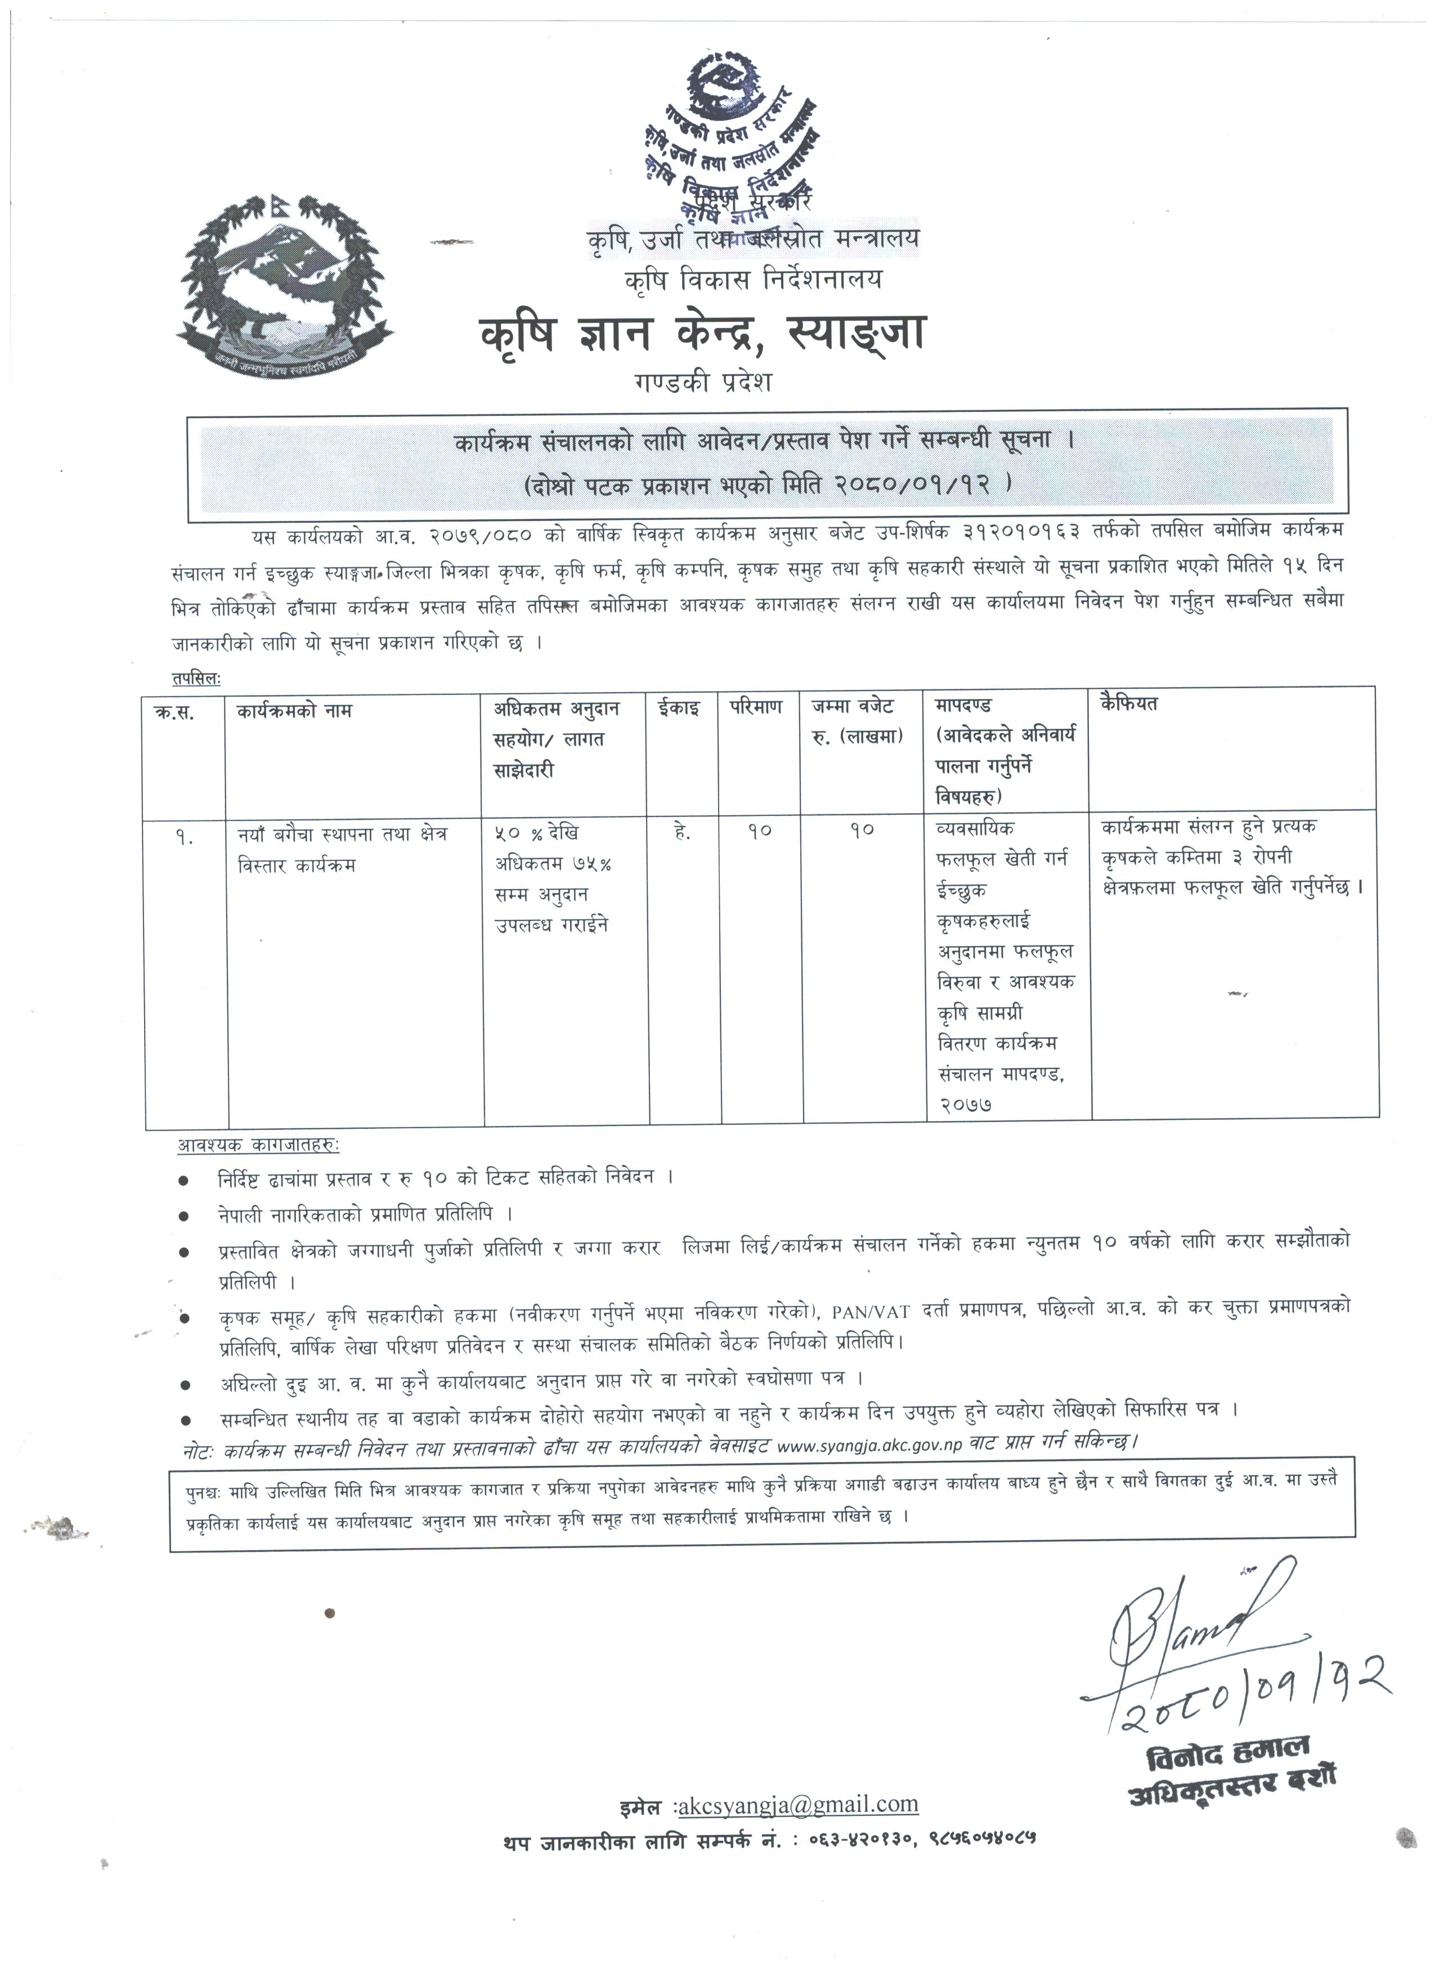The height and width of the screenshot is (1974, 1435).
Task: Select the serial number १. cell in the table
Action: (183, 839)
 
